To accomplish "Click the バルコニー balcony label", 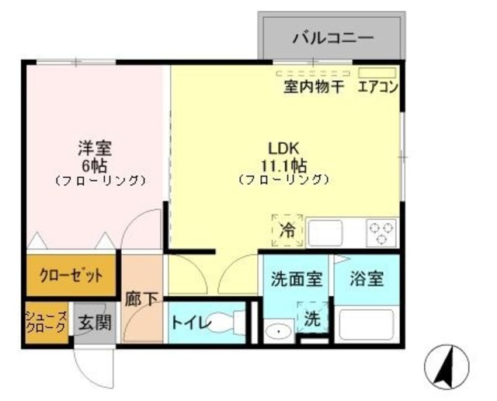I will [x=332, y=37].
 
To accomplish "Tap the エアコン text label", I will [x=378, y=87].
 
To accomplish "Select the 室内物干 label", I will [x=313, y=87].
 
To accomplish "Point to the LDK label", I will [x=283, y=148].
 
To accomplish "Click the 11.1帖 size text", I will [x=283, y=165].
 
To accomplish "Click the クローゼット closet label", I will [x=66, y=276].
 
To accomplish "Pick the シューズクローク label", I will [x=47, y=321].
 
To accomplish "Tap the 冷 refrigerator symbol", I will [x=287, y=230].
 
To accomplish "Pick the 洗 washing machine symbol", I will [x=312, y=318].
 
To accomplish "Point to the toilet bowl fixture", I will [x=231, y=323].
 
